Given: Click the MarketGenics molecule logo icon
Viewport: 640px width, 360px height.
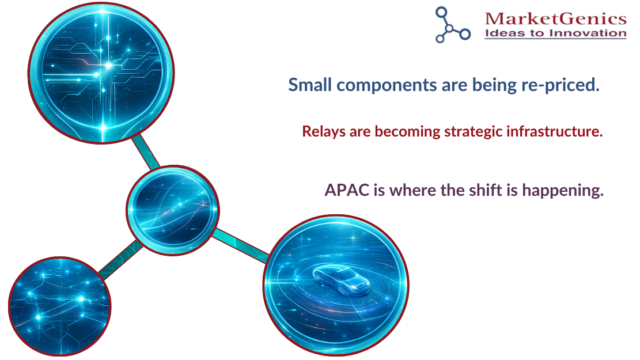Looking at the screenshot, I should (452, 25).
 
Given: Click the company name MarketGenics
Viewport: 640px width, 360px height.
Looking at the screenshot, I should (555, 19).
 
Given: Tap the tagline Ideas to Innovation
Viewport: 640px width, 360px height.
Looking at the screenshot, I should (555, 33).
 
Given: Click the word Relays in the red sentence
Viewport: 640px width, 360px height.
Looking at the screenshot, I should (321, 131).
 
